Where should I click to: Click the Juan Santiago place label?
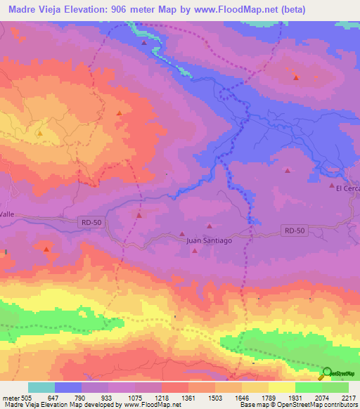(x=208, y=240)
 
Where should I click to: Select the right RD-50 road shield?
(x=295, y=230)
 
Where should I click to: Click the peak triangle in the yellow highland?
(x=40, y=131)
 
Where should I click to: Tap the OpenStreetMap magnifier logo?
(x=327, y=373)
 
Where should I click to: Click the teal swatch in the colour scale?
(x=41, y=387)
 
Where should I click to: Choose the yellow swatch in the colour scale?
(x=281, y=387)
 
